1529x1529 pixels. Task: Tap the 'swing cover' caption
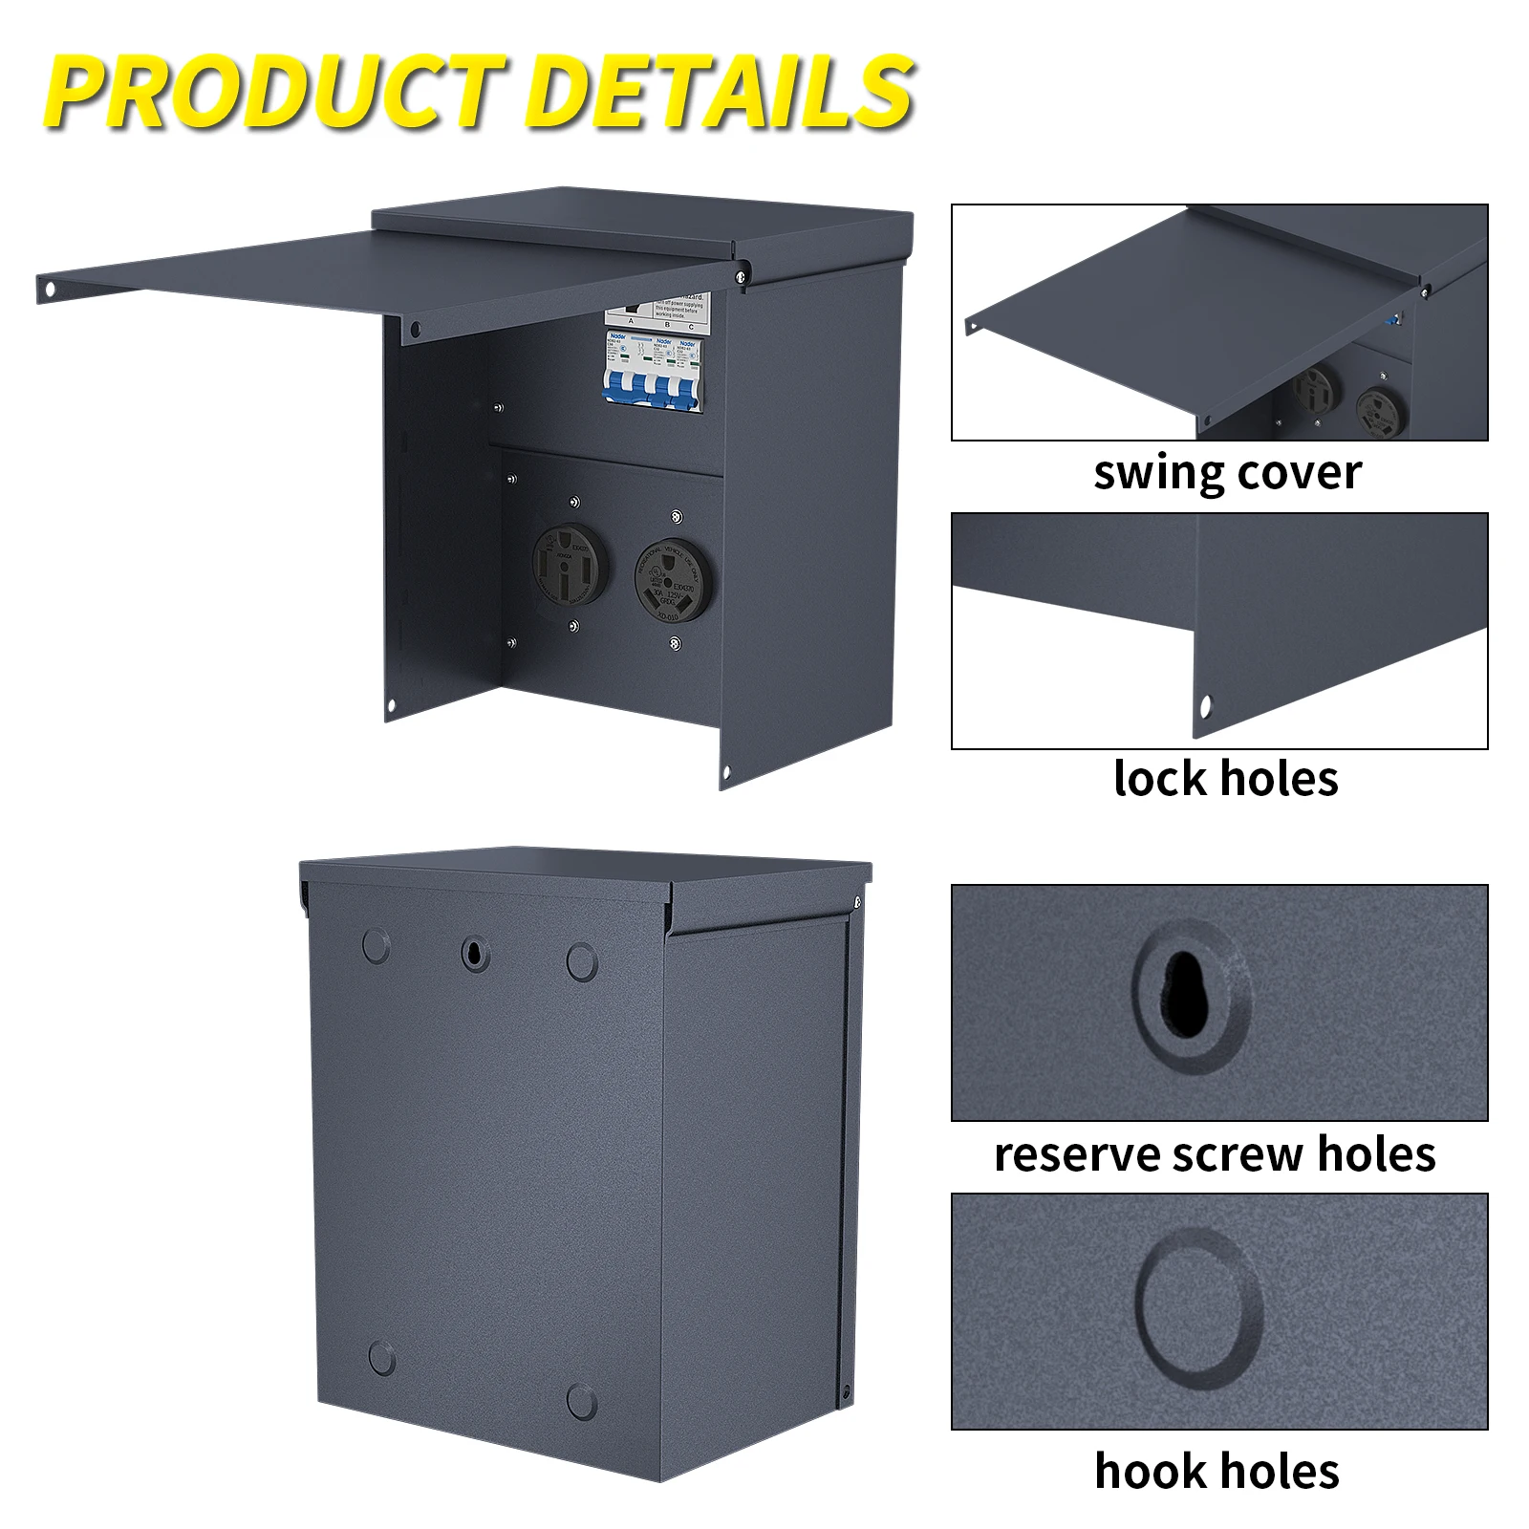(x=1227, y=473)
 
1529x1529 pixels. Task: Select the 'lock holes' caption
(x=1225, y=779)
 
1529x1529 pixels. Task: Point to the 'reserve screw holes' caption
(x=1215, y=1154)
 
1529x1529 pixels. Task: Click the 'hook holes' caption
(x=1217, y=1471)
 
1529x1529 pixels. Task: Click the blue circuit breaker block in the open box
(x=653, y=373)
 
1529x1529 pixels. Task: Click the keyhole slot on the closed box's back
(x=475, y=953)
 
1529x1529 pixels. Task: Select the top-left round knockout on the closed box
(x=377, y=946)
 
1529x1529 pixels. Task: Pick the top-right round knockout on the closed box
(x=581, y=961)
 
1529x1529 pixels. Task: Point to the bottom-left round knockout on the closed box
(x=381, y=1358)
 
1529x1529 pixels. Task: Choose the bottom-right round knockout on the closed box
(x=581, y=1401)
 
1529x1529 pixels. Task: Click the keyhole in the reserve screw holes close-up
(x=1184, y=994)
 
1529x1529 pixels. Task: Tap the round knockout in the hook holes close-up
(x=1199, y=1304)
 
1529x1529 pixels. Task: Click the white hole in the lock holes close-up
(x=1205, y=706)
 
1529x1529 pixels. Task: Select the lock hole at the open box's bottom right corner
(x=726, y=771)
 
